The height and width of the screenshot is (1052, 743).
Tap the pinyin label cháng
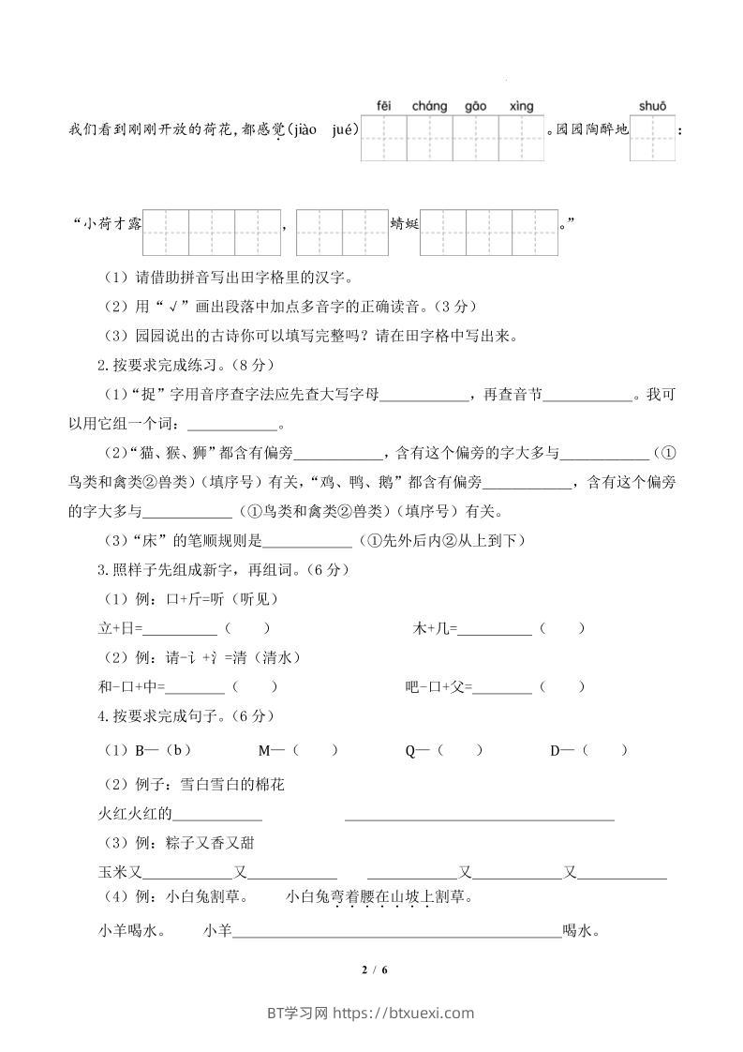point(429,106)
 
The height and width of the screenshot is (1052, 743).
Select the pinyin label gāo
point(475,106)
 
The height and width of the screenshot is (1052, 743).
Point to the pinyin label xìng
point(521,106)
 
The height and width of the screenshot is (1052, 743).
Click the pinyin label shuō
point(652,106)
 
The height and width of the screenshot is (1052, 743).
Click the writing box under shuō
point(652,138)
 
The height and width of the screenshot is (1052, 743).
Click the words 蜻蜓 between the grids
point(404,224)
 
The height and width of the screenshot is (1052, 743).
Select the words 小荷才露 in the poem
point(111,224)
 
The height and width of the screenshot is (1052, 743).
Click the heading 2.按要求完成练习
point(170,364)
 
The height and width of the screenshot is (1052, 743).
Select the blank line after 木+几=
point(495,629)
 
